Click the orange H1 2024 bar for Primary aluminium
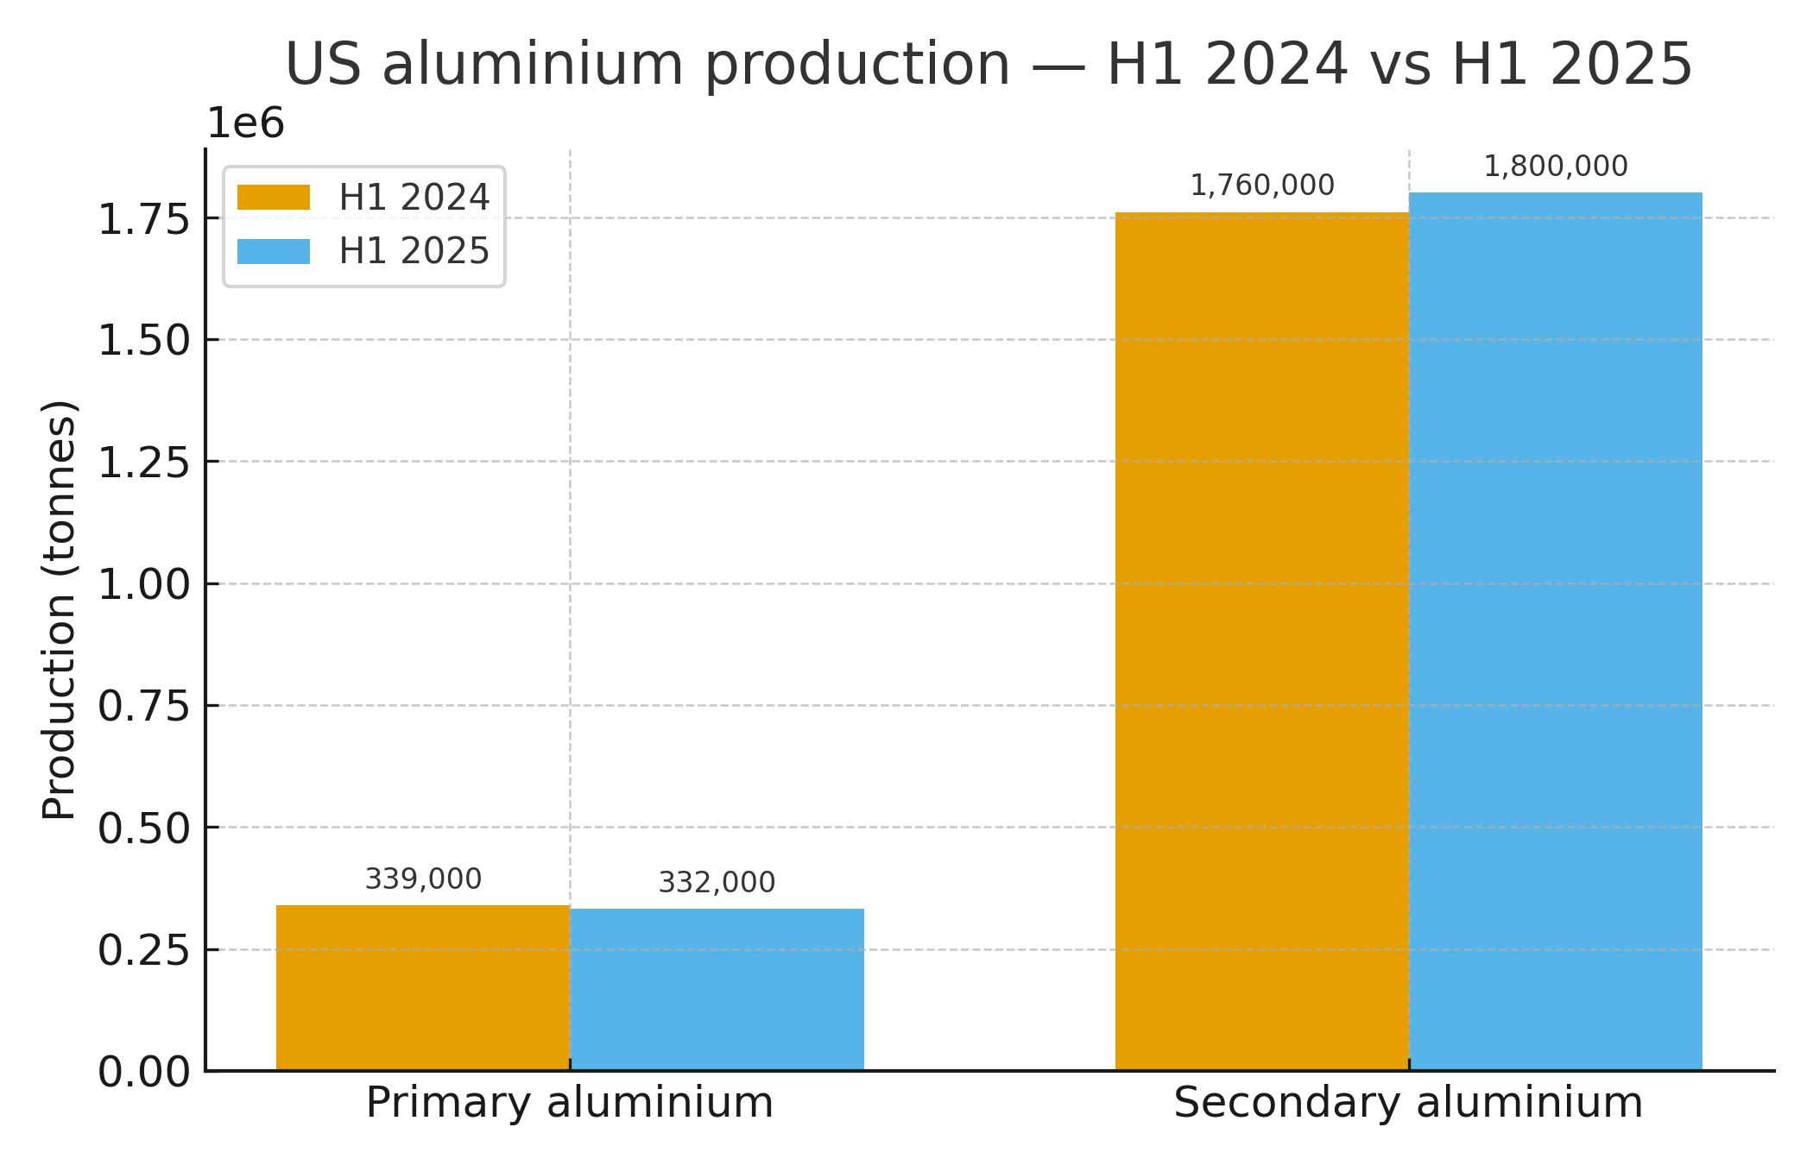pyautogui.click(x=423, y=988)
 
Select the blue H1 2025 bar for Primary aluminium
pyautogui.click(x=717, y=990)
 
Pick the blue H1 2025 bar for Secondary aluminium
pyautogui.click(x=1555, y=632)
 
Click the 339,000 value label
pyautogui.click(x=423, y=879)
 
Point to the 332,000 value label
pyautogui.click(x=717, y=883)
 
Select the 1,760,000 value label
pyautogui.click(x=1261, y=186)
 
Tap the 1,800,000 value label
pyautogui.click(x=1555, y=167)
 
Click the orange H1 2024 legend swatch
pyautogui.click(x=274, y=198)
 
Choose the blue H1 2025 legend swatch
pyautogui.click(x=274, y=251)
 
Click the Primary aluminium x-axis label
pyautogui.click(x=569, y=1103)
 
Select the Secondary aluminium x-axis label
pyautogui.click(x=1407, y=1103)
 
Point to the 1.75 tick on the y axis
pyautogui.click(x=143, y=219)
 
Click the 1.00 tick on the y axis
pyautogui.click(x=143, y=585)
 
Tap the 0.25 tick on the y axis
pyautogui.click(x=143, y=951)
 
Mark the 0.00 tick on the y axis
pyautogui.click(x=143, y=1073)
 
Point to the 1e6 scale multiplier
pyautogui.click(x=246, y=124)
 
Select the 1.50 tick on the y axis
pyautogui.click(x=143, y=341)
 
